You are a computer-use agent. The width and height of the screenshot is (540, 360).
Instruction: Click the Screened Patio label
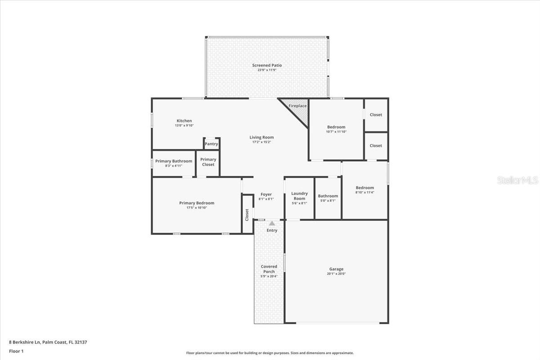(267, 65)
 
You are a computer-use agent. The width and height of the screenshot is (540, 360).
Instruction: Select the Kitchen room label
(184, 121)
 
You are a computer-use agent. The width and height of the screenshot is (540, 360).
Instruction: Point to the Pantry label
(211, 144)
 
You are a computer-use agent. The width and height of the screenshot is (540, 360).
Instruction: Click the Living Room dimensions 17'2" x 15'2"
(261, 142)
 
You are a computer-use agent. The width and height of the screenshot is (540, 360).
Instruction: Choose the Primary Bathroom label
(174, 161)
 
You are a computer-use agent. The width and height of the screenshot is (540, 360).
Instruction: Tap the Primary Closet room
(208, 162)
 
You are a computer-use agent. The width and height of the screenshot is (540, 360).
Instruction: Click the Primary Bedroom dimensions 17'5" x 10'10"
(197, 207)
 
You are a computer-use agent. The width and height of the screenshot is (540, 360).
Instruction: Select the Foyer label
(266, 194)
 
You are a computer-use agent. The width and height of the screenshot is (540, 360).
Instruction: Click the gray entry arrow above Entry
(272, 223)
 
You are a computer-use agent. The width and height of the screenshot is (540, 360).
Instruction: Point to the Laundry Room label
(299, 196)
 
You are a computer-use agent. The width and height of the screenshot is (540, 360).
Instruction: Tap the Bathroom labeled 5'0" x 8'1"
(328, 198)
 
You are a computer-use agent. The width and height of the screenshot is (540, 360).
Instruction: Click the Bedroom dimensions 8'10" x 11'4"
(364, 192)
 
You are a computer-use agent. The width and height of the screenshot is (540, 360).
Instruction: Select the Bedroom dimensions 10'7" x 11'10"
(336, 132)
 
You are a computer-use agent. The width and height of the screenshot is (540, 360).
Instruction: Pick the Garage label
(336, 269)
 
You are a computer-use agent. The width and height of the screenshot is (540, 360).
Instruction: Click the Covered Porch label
(269, 269)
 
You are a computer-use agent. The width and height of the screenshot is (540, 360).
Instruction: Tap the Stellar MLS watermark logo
(517, 180)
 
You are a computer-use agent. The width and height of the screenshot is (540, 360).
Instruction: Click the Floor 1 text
(16, 351)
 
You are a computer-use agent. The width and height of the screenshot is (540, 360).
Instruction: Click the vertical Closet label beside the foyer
(247, 215)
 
